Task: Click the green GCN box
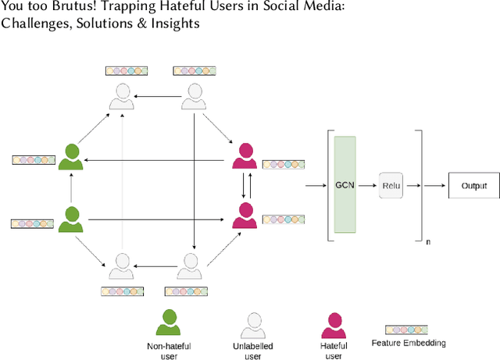[345, 185]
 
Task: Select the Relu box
[391, 186]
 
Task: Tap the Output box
[473, 186]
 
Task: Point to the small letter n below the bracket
[427, 242]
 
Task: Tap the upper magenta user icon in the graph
[245, 156]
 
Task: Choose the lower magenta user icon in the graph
[245, 215]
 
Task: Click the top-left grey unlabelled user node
[120, 96]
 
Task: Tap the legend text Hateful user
[334, 351]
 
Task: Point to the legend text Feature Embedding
[409, 343]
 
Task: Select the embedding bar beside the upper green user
[34, 159]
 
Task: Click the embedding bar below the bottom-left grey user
[122, 291]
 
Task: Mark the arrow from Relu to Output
[434, 186]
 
